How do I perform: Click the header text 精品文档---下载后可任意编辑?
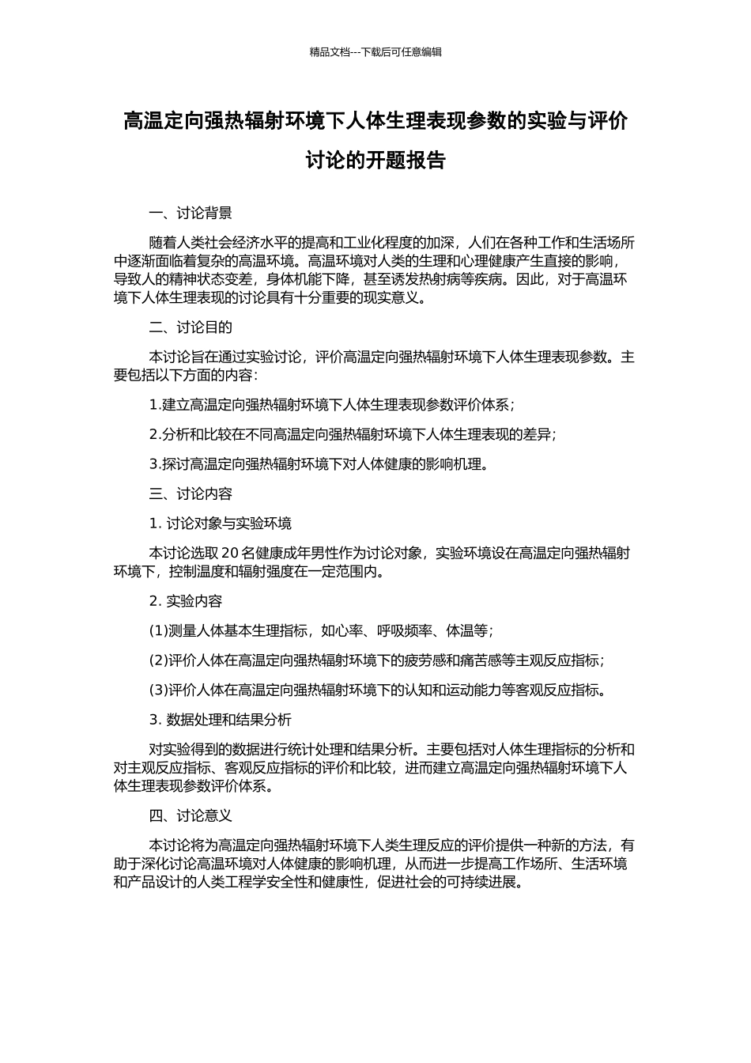pyautogui.click(x=375, y=52)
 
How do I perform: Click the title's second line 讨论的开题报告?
pyautogui.click(x=375, y=161)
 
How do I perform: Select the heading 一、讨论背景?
pyautogui.click(x=191, y=213)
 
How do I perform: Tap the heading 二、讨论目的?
pyautogui.click(x=191, y=327)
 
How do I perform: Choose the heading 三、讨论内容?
pyautogui.click(x=191, y=494)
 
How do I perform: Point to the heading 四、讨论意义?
pyautogui.click(x=191, y=815)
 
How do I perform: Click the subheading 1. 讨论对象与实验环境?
pyautogui.click(x=221, y=524)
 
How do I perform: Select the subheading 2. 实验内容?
pyautogui.click(x=186, y=601)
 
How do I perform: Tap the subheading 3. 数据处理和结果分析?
pyautogui.click(x=221, y=720)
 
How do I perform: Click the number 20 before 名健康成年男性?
pyautogui.click(x=230, y=553)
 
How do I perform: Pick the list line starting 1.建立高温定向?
pyautogui.click(x=332, y=405)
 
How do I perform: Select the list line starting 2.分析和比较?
pyautogui.click(x=353, y=434)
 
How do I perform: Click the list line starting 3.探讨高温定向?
pyautogui.click(x=319, y=464)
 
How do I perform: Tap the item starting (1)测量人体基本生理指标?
pyautogui.click(x=321, y=631)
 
